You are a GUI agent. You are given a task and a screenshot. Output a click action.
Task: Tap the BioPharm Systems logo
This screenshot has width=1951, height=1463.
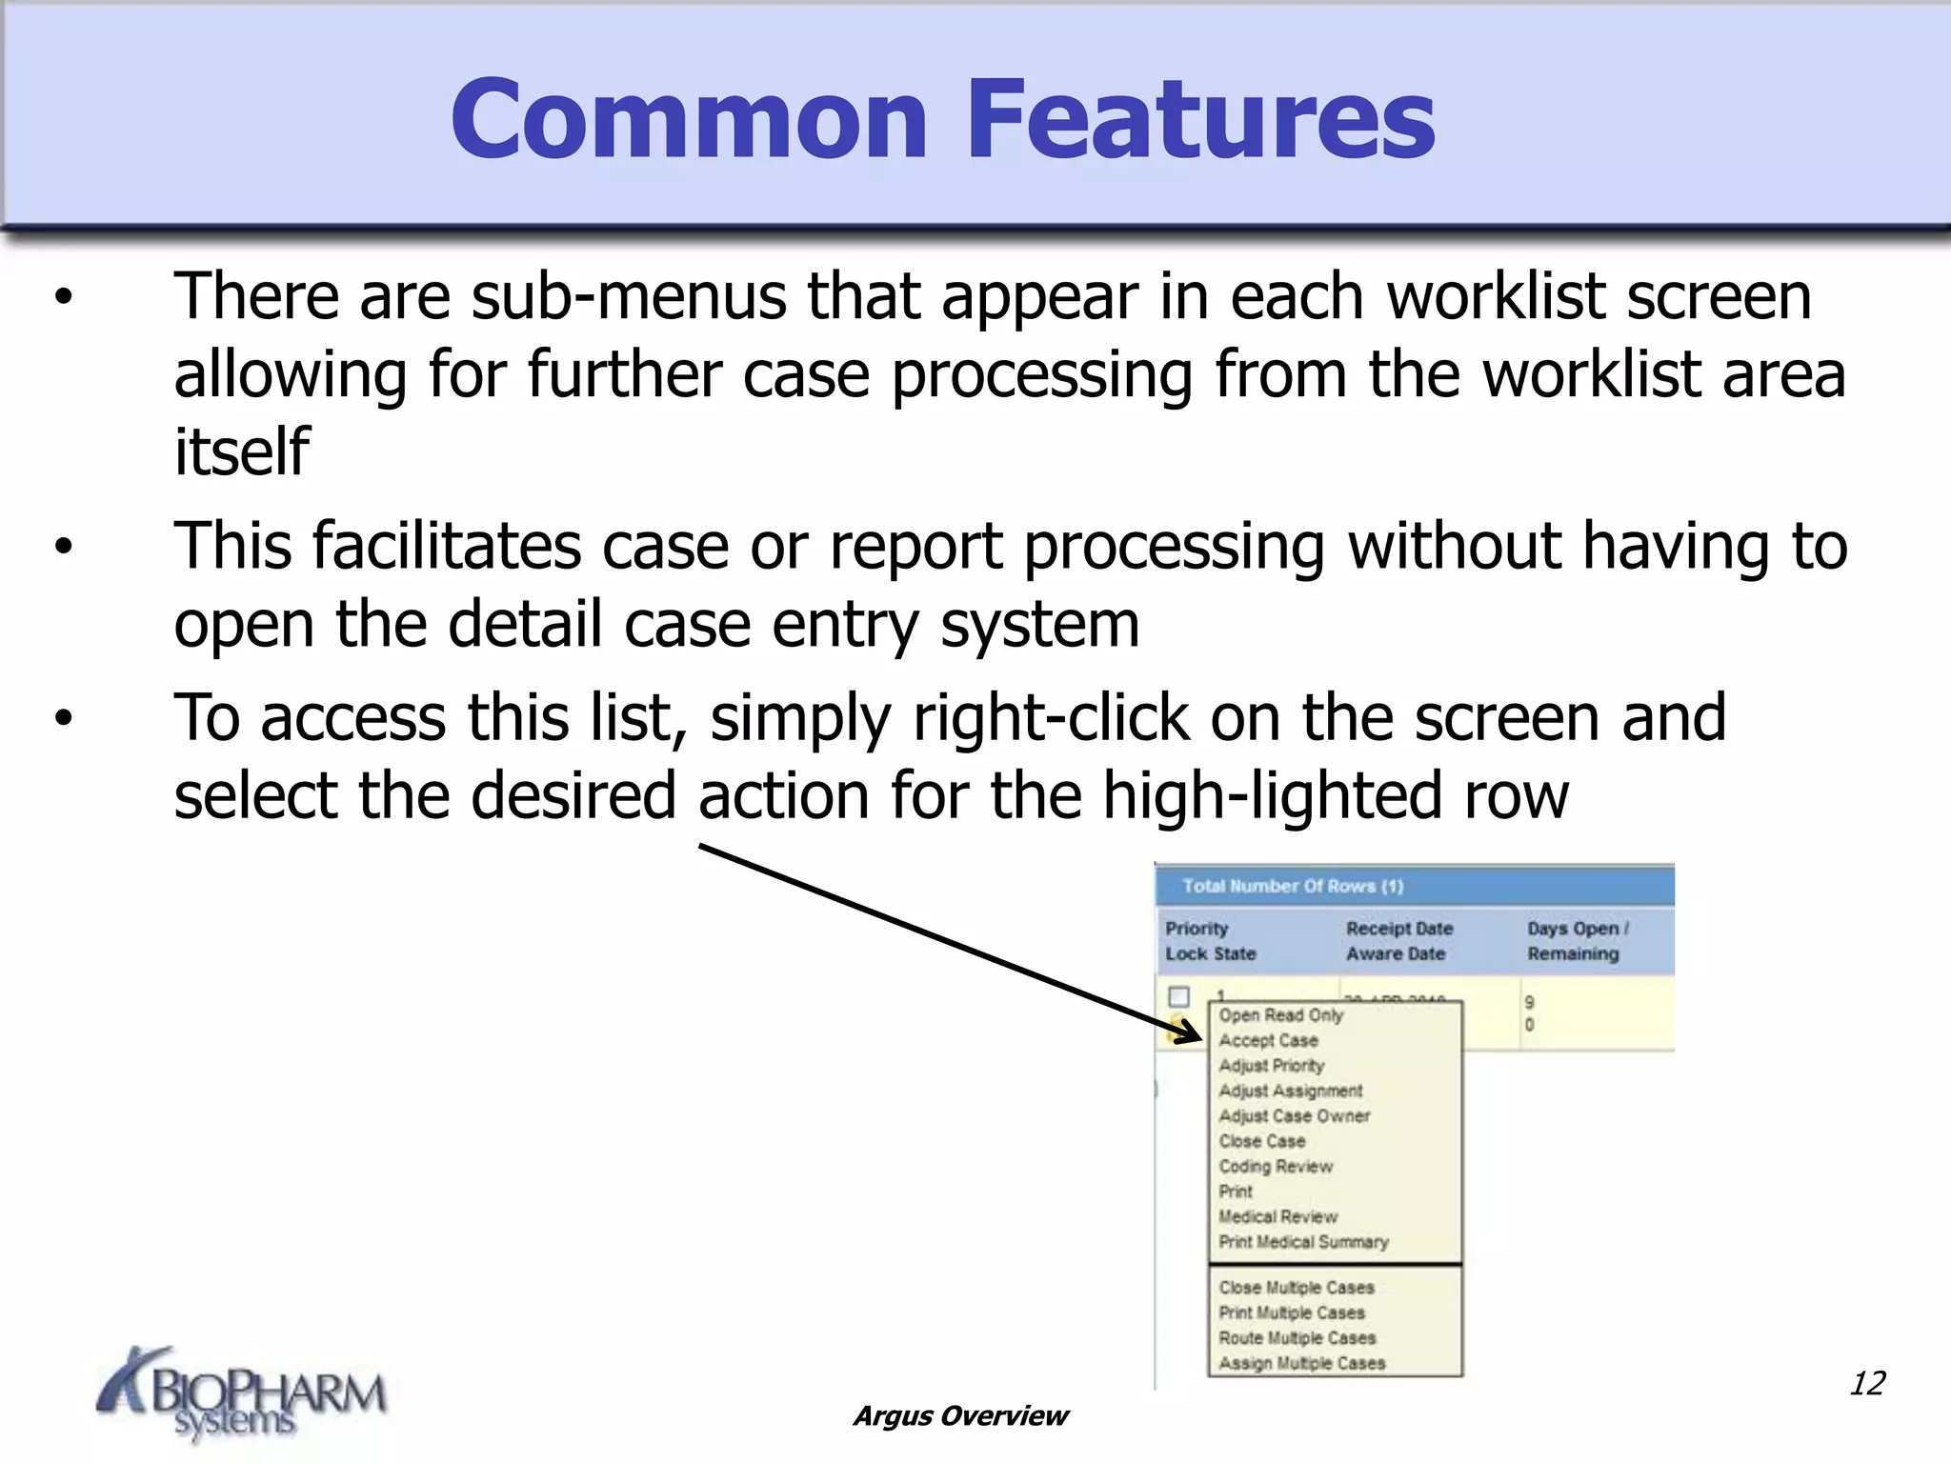click(242, 1394)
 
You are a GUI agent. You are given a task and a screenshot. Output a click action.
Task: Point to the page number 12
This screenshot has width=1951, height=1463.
click(1866, 1383)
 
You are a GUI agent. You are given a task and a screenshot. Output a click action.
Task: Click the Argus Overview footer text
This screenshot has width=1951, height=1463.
click(960, 1416)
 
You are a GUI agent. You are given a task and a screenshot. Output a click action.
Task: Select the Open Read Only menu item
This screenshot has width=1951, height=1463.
click(1281, 1015)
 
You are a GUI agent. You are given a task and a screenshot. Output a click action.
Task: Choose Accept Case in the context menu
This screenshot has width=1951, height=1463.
click(1269, 1041)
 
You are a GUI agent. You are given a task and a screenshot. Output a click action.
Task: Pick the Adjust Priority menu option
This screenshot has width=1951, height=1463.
click(1272, 1066)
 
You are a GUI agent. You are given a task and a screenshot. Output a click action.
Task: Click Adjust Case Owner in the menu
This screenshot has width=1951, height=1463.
click(1295, 1115)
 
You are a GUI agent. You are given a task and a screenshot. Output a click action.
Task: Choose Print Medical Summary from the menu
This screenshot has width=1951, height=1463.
click(1304, 1242)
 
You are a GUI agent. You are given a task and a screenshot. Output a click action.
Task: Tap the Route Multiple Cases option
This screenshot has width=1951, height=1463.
click(1297, 1338)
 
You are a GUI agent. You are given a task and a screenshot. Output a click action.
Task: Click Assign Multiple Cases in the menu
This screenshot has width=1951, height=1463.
click(1302, 1363)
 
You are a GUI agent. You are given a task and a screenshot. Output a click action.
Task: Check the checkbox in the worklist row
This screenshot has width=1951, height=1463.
click(1179, 996)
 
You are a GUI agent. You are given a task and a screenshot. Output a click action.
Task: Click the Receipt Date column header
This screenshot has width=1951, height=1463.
click(1399, 928)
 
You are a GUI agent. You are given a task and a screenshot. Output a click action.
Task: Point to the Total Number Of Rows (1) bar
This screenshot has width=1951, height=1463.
click(1293, 886)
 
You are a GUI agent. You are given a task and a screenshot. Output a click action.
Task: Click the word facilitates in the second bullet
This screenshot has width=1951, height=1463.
click(447, 546)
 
